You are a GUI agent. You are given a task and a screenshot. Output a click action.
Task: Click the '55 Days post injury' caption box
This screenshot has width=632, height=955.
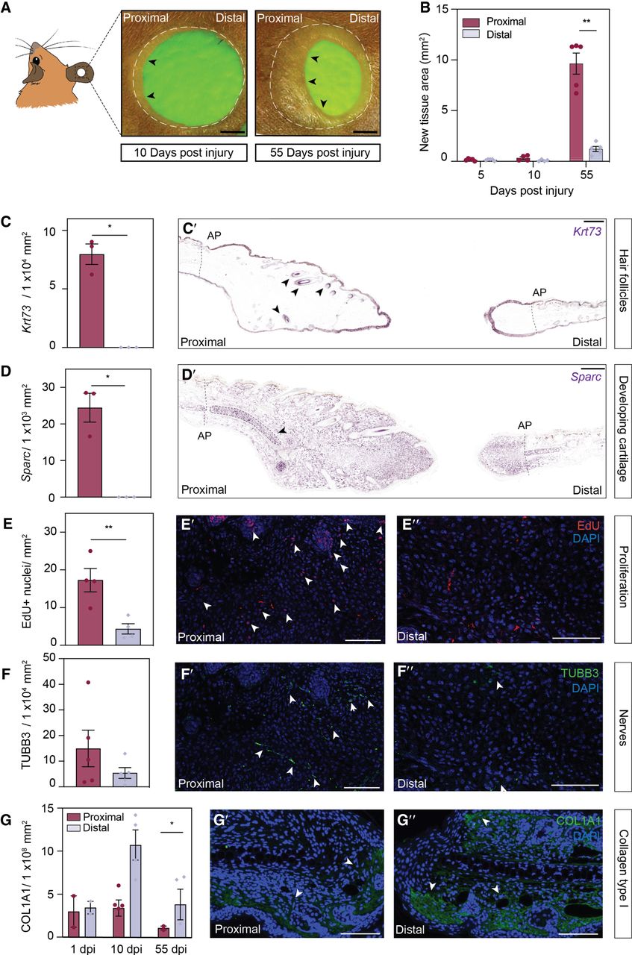[318, 153]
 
